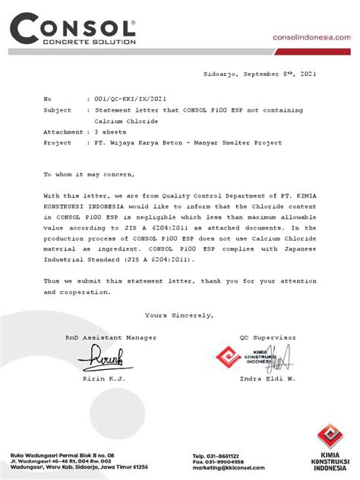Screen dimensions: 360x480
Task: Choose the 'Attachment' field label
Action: pyautogui.click(x=63, y=131)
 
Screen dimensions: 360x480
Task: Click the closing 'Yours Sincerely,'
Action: pyautogui.click(x=179, y=315)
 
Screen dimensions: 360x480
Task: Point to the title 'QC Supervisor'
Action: pyautogui.click(x=268, y=337)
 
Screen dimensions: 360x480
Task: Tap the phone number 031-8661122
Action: pyautogui.click(x=228, y=455)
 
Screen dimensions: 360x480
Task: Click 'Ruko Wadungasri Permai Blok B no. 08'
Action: pyautogui.click(x=62, y=455)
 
